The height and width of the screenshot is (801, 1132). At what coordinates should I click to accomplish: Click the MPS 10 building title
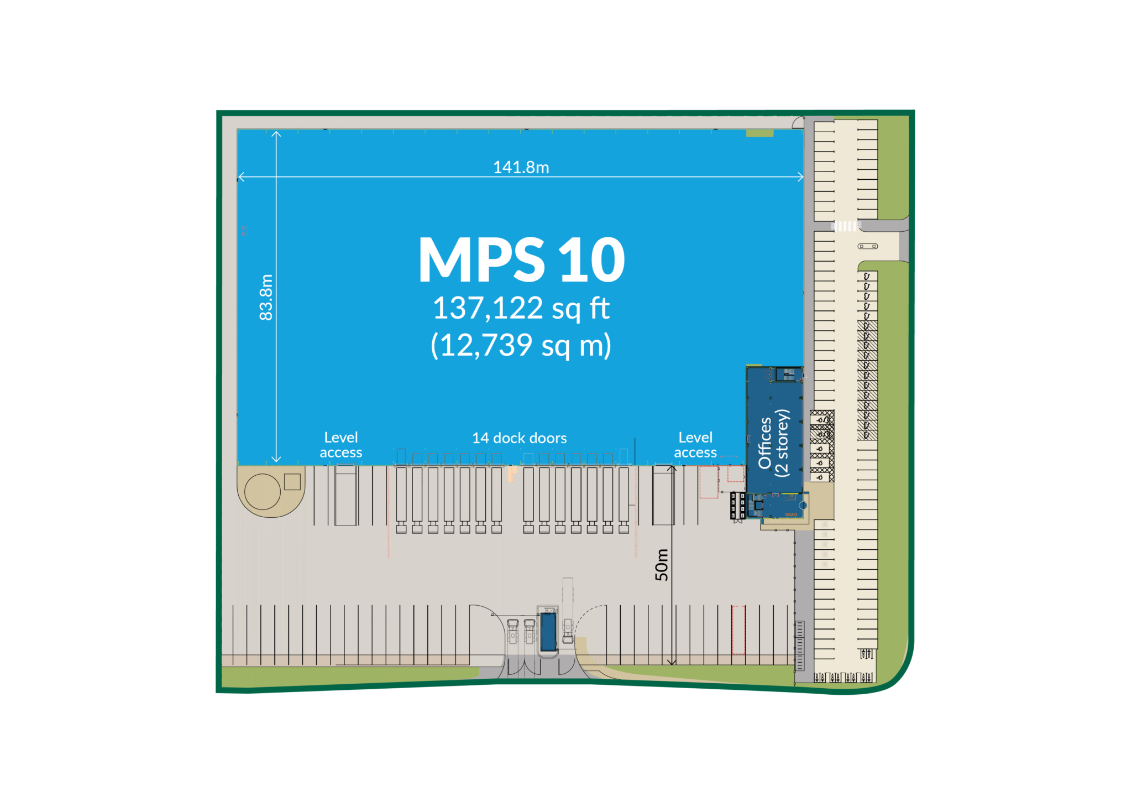(x=522, y=260)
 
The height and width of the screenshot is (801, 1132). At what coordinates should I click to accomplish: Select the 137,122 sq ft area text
(x=521, y=309)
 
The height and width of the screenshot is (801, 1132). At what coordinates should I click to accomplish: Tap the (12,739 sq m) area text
(x=521, y=346)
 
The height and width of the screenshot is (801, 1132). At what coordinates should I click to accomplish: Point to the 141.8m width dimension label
(x=521, y=167)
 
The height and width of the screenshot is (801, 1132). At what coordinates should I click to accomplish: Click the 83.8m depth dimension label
(x=266, y=297)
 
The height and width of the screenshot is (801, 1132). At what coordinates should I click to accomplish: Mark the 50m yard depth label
(x=662, y=565)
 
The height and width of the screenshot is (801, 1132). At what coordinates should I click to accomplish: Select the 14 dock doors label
(x=519, y=438)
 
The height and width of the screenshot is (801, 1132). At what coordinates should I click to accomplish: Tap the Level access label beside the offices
(x=695, y=445)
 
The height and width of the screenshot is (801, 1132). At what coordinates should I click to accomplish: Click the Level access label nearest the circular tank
(x=341, y=445)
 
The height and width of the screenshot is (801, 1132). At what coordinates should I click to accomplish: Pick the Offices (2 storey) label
(x=774, y=443)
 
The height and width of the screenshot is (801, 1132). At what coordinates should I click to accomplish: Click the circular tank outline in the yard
(x=263, y=492)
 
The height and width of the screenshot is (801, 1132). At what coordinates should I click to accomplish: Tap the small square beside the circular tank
(x=292, y=482)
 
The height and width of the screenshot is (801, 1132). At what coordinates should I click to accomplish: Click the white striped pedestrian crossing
(x=845, y=226)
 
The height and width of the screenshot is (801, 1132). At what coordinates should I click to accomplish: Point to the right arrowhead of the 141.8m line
(x=801, y=177)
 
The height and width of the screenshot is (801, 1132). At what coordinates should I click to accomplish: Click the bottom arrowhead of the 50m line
(x=672, y=662)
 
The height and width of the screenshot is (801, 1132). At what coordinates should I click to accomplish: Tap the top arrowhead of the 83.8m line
(x=276, y=133)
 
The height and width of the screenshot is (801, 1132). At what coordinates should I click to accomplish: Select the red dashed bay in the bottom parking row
(x=738, y=630)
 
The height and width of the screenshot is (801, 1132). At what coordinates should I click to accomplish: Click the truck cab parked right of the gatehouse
(x=568, y=631)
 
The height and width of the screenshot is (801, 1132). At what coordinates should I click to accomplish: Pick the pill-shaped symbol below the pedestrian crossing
(x=867, y=246)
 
